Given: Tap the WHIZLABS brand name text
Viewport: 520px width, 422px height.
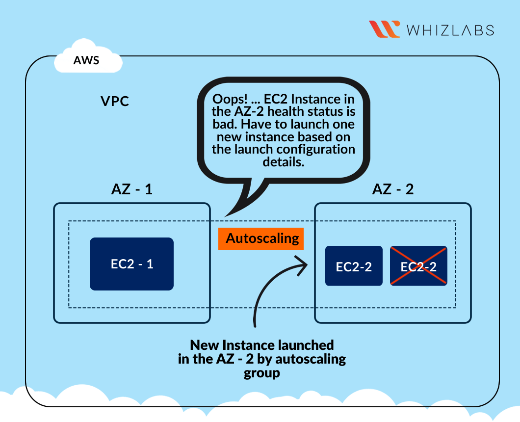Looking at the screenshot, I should (450, 30).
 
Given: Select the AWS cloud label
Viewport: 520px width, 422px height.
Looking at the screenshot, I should (86, 61).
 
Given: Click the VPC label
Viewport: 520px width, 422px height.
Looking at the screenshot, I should (114, 101).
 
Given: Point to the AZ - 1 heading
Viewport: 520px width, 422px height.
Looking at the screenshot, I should (132, 189).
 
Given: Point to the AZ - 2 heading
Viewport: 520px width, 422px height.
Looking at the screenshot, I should (393, 189).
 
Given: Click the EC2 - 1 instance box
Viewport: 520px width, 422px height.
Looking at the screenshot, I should (131, 264).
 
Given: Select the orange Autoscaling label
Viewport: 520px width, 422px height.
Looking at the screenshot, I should (262, 238).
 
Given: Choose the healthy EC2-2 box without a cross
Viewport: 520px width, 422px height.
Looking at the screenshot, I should (354, 266).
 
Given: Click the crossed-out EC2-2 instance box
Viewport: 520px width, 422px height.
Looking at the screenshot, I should (418, 266).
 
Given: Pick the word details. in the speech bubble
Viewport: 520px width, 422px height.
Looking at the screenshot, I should (283, 162).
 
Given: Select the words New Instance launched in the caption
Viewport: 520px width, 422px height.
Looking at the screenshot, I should (262, 344).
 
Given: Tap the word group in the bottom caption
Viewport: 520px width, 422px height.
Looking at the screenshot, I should (262, 373).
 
